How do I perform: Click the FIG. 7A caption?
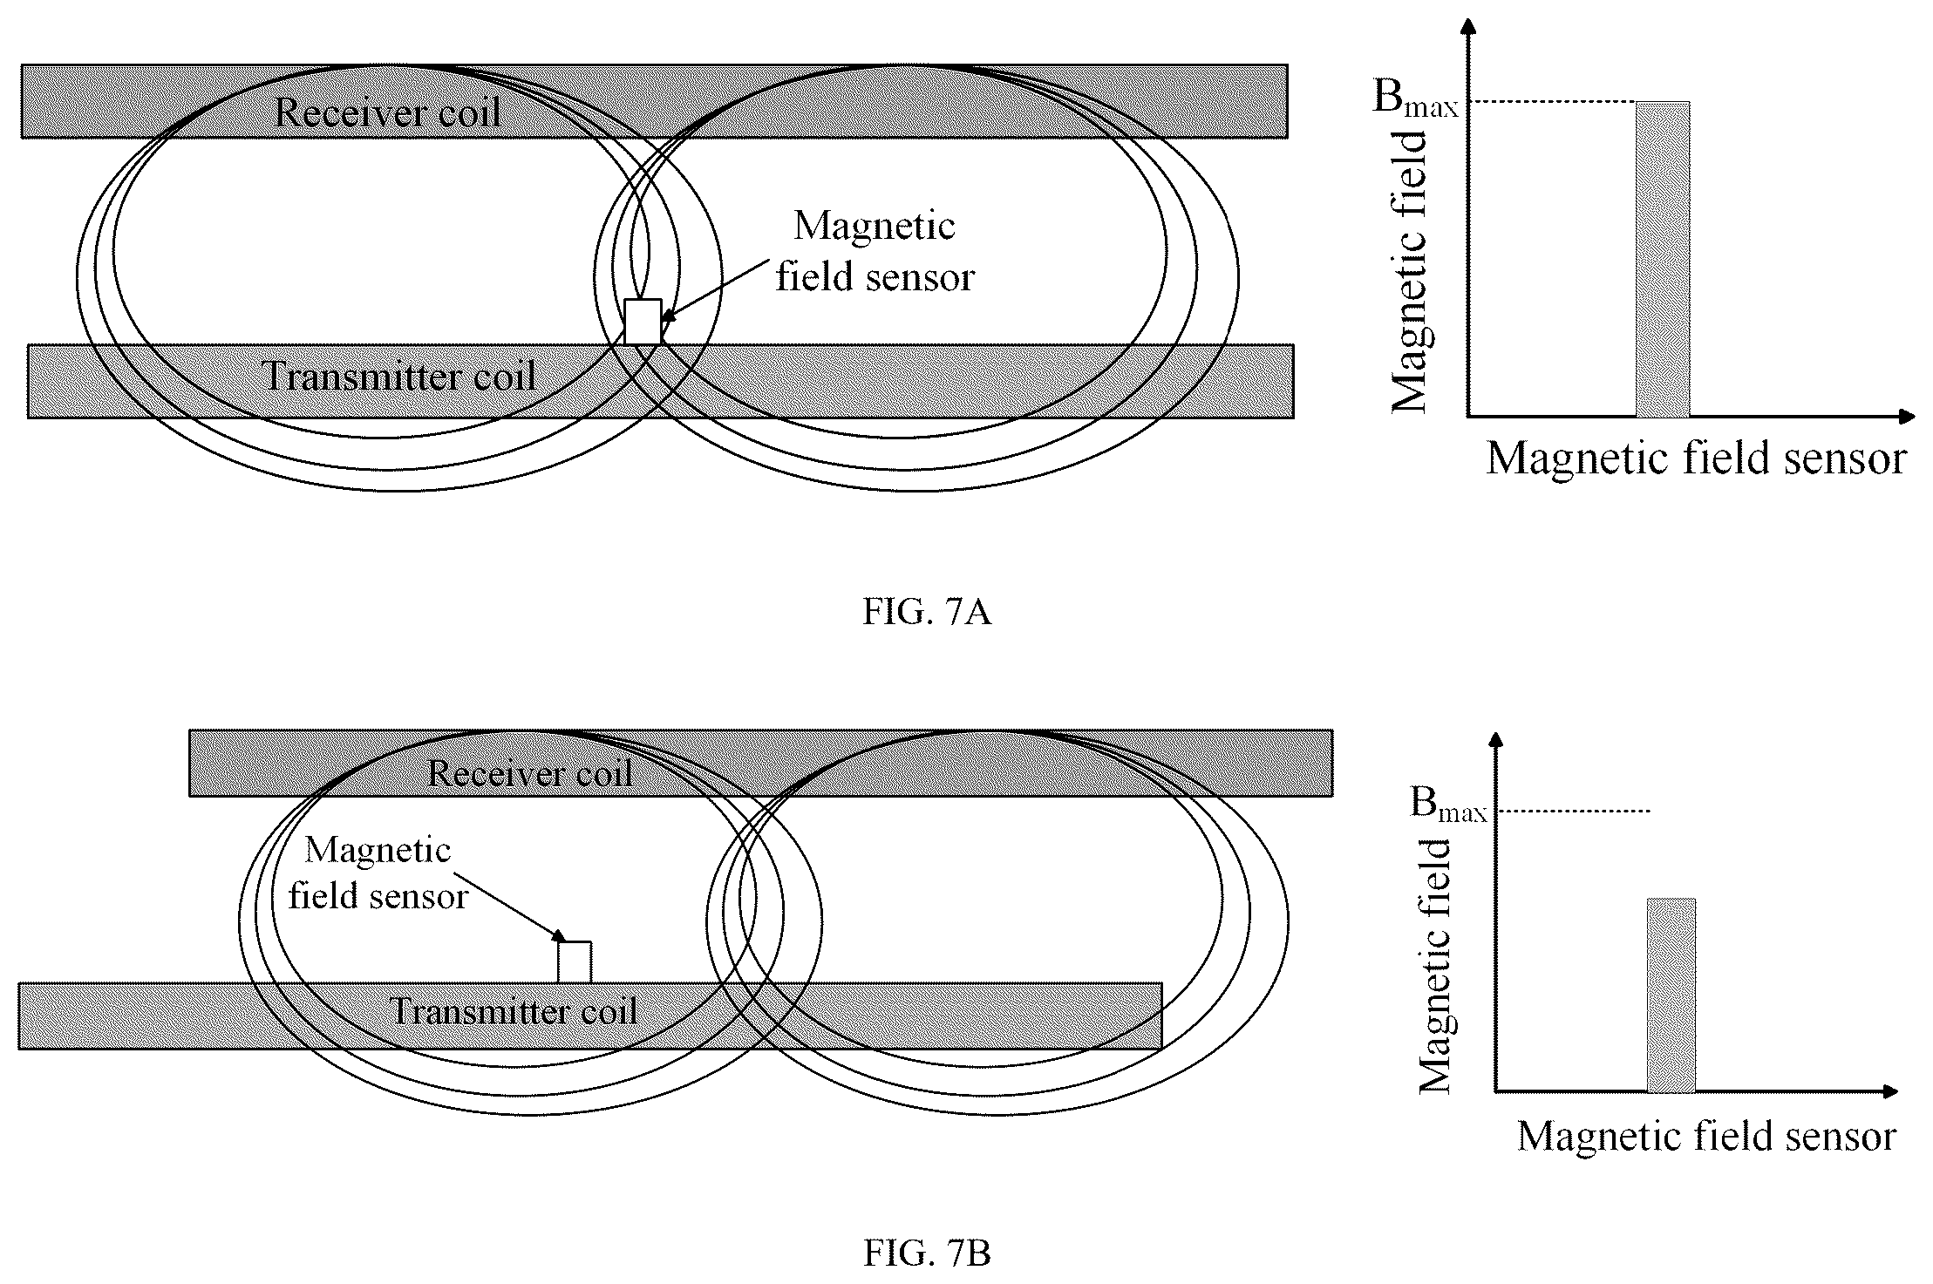pyautogui.click(x=927, y=613)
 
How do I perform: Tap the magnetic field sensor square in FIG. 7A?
pyautogui.click(x=643, y=322)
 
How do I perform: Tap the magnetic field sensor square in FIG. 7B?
pyautogui.click(x=575, y=962)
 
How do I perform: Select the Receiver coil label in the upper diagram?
pyautogui.click(x=388, y=112)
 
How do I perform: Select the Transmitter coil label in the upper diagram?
pyautogui.click(x=399, y=377)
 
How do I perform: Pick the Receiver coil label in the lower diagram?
pyautogui.click(x=529, y=773)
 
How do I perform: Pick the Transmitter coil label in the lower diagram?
pyautogui.click(x=514, y=1011)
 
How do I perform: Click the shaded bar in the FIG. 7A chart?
pyautogui.click(x=1663, y=260)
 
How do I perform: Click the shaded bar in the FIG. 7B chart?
pyautogui.click(x=1671, y=995)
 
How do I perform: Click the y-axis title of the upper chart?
pyautogui.click(x=1409, y=271)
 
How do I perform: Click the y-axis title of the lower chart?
pyautogui.click(x=1434, y=966)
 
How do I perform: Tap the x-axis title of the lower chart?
pyautogui.click(x=1707, y=1136)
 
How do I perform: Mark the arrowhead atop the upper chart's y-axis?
pyautogui.click(x=1471, y=26)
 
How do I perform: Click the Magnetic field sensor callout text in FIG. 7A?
pyautogui.click(x=875, y=252)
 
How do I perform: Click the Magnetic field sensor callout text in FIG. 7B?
pyautogui.click(x=378, y=873)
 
